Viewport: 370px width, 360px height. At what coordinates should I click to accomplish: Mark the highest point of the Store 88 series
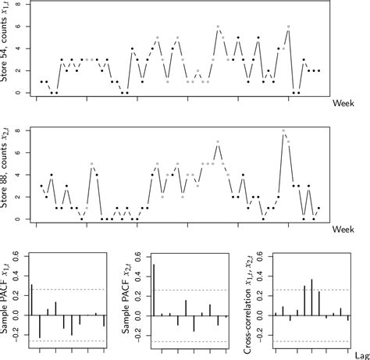click(284, 130)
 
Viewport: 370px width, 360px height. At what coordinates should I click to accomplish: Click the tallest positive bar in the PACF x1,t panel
click(31, 300)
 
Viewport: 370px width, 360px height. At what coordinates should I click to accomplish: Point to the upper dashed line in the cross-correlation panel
click(312, 289)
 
